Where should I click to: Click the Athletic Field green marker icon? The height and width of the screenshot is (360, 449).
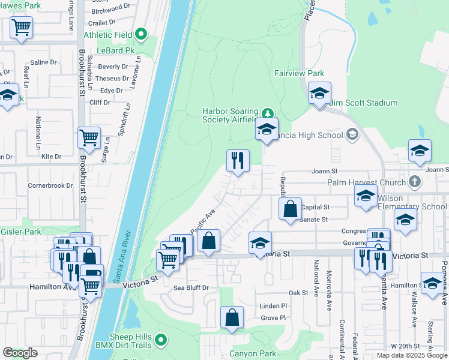tap(142, 34)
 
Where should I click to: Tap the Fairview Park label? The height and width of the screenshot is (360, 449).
tap(299, 73)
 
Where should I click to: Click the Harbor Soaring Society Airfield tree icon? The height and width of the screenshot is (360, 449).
tap(267, 113)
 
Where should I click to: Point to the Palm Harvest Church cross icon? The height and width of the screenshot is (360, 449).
tap(414, 181)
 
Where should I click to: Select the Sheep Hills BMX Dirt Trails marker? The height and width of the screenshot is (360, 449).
tap(160, 341)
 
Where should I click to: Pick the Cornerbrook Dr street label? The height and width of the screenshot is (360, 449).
tap(50, 186)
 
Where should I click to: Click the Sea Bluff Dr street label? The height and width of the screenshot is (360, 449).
tap(190, 288)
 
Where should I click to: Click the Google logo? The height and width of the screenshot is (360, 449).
tap(20, 353)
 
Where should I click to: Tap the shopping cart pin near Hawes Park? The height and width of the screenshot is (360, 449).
tap(21, 27)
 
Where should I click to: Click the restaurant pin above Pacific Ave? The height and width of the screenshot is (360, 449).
tap(238, 160)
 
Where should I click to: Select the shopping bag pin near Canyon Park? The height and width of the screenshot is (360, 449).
tap(232, 317)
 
